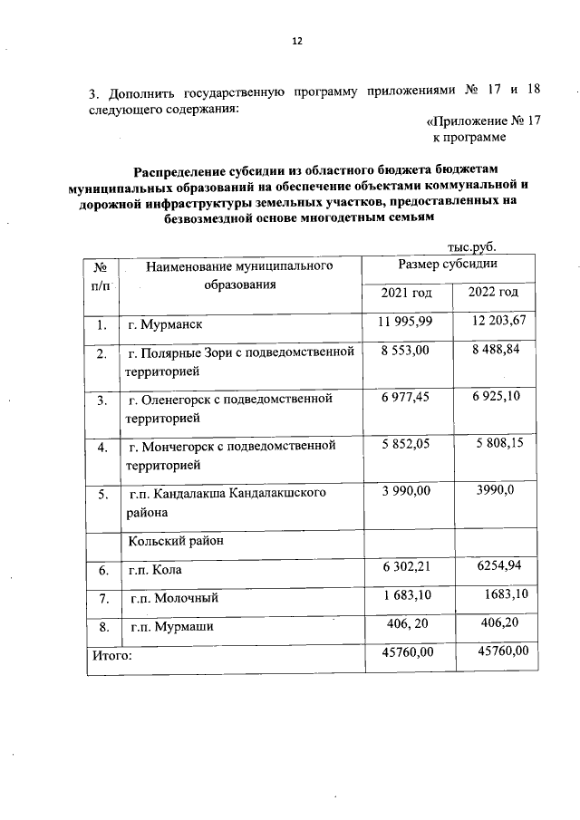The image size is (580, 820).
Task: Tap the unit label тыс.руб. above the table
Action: [472, 246]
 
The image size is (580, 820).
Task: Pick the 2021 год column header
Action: [406, 293]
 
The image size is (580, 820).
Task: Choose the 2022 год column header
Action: [493, 293]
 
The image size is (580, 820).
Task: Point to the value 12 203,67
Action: [498, 323]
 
